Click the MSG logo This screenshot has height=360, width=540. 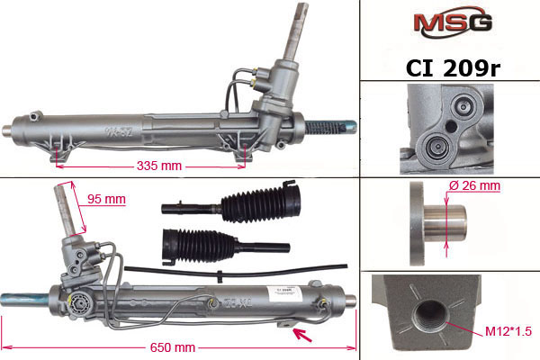point(453,22)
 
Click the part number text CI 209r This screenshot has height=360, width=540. point(453,68)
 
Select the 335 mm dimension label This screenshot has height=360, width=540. point(159,166)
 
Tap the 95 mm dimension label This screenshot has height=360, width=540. point(106,199)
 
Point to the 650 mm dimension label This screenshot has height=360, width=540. point(173,347)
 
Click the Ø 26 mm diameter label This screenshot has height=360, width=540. point(474,185)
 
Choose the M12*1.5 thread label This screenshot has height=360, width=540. point(508,331)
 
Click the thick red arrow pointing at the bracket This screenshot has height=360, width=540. point(302,335)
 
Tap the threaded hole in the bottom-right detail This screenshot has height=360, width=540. point(430,316)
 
